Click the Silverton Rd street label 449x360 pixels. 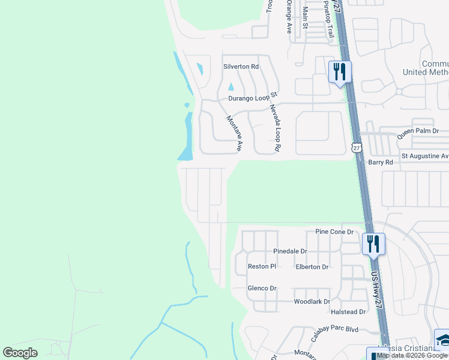pos(241,67)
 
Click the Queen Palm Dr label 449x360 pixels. pos(418,131)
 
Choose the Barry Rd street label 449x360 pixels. pos(381,162)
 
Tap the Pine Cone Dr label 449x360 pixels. pos(334,232)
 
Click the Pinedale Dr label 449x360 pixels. pos(290,251)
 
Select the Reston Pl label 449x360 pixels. pos(262,266)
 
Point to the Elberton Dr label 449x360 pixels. pos(312,267)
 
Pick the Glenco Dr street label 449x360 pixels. pos(262,289)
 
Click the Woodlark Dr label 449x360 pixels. pos(312,302)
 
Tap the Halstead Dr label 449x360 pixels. pos(348,312)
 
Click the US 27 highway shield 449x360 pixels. pos(357,148)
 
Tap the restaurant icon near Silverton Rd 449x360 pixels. pos(340,72)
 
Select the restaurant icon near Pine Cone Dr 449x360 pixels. pos(373,244)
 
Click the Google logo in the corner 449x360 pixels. pos(20,352)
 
